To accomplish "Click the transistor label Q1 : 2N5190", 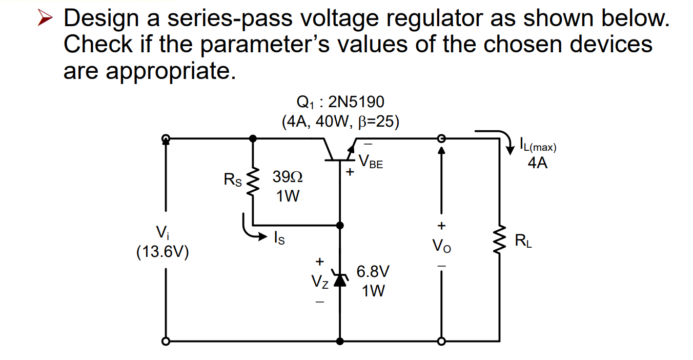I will click(340, 102).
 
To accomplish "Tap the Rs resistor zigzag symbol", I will click(253, 181).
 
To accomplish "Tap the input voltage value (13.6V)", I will click(162, 252).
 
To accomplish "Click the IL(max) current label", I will click(538, 146).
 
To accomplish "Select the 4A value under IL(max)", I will click(537, 164).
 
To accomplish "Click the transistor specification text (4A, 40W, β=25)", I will click(340, 122).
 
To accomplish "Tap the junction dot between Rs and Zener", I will click(339, 225).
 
